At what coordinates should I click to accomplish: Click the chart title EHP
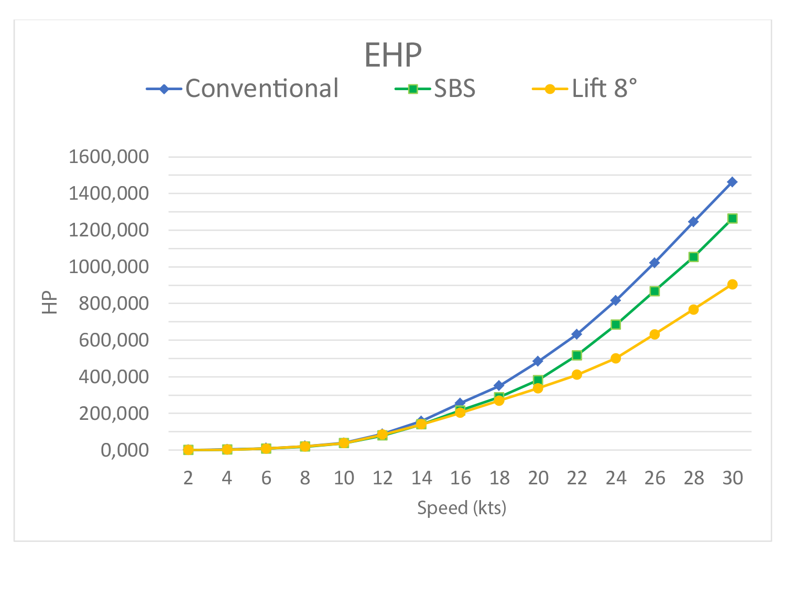tap(393, 55)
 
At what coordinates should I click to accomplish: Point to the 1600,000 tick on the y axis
tap(109, 157)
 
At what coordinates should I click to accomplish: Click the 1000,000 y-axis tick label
tap(109, 267)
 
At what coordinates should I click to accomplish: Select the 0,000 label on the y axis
tap(125, 450)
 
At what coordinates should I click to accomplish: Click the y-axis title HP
tap(50, 303)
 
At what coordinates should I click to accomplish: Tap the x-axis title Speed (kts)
tap(462, 507)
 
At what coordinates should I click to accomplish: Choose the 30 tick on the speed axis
tap(733, 478)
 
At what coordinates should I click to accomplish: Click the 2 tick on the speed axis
tap(188, 478)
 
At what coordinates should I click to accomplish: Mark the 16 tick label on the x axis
tap(460, 478)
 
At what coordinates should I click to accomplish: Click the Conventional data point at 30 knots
tap(733, 182)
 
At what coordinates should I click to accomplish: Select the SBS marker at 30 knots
tap(733, 218)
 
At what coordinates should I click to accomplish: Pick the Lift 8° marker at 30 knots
tap(733, 284)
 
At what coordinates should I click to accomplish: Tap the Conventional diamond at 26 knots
tap(654, 262)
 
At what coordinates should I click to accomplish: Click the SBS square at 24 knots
tap(616, 324)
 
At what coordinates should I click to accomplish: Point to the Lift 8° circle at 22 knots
tap(577, 375)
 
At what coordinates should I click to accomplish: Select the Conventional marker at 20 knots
tap(538, 361)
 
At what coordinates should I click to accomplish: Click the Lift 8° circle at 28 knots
tap(693, 310)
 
